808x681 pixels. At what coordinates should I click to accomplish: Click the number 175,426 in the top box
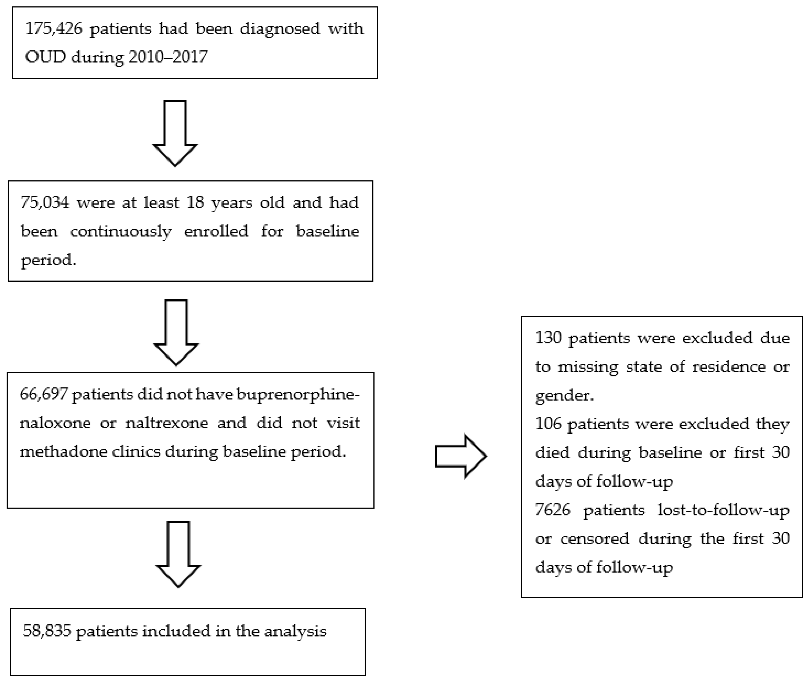pyautogui.click(x=54, y=29)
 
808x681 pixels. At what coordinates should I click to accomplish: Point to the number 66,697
pyautogui.click(x=44, y=394)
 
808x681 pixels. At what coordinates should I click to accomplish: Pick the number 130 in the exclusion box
pyautogui.click(x=548, y=338)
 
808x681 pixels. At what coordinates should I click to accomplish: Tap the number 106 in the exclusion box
pyautogui.click(x=548, y=424)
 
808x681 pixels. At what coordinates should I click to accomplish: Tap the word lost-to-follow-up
pyautogui.click(x=723, y=510)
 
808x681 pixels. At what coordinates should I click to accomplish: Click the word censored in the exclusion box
pyautogui.click(x=594, y=538)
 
